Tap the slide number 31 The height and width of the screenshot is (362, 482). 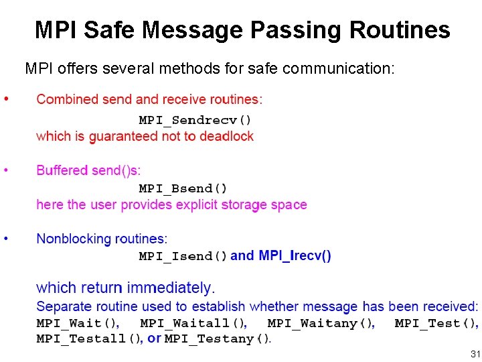[475, 353]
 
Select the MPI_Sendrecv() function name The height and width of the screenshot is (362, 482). [195, 121]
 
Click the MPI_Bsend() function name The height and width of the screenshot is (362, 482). [183, 188]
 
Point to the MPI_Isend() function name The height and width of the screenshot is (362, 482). [183, 256]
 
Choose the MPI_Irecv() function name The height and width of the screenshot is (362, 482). [295, 255]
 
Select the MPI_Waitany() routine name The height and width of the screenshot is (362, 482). [321, 324]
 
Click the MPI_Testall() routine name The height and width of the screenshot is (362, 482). [90, 339]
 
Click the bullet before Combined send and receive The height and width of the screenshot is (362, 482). [6, 99]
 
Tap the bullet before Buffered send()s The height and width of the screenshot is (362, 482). [6, 170]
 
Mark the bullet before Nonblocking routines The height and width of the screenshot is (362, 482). [6, 238]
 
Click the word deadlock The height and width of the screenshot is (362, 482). [228, 136]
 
